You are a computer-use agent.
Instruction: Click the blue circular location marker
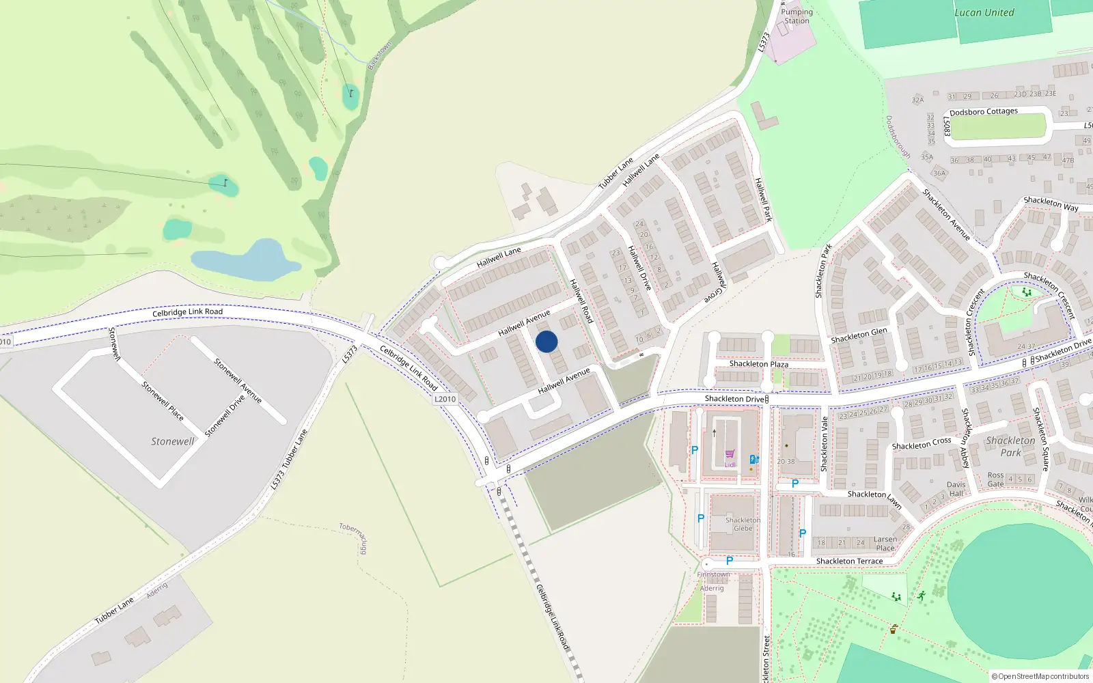546,341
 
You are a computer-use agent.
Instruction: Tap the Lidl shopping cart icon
730,454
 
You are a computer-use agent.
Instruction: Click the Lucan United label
984,12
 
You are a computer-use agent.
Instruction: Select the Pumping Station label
797,16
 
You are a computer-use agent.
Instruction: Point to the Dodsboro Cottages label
983,111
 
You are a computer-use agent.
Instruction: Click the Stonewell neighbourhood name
172,442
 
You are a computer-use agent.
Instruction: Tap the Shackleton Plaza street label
758,364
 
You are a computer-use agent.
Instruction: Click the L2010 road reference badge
445,399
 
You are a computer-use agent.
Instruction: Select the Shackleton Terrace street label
849,561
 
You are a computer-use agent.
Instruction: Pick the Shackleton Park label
1010,447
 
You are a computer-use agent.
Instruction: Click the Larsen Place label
885,544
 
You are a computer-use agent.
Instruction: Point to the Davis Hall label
956,489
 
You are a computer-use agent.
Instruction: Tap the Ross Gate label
996,479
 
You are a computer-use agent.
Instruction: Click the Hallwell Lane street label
499,257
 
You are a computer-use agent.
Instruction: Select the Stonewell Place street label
163,400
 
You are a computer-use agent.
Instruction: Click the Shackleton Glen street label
859,335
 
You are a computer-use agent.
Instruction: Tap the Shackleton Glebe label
743,524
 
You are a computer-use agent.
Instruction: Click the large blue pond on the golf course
246,261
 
